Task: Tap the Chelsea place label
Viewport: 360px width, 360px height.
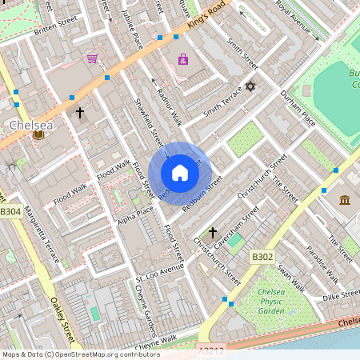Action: click(x=31, y=126)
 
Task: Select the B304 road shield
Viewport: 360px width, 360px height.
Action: click(x=10, y=211)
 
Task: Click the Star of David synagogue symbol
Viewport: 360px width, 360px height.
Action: click(x=250, y=86)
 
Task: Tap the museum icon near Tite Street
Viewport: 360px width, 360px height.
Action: click(x=345, y=199)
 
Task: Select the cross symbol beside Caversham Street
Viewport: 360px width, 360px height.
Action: click(x=213, y=233)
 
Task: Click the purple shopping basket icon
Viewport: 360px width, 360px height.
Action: click(x=93, y=58)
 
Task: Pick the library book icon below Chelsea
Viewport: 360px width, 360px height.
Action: click(x=37, y=135)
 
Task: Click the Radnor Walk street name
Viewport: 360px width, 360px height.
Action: click(x=170, y=106)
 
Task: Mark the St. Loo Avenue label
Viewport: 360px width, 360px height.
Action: click(x=159, y=273)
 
